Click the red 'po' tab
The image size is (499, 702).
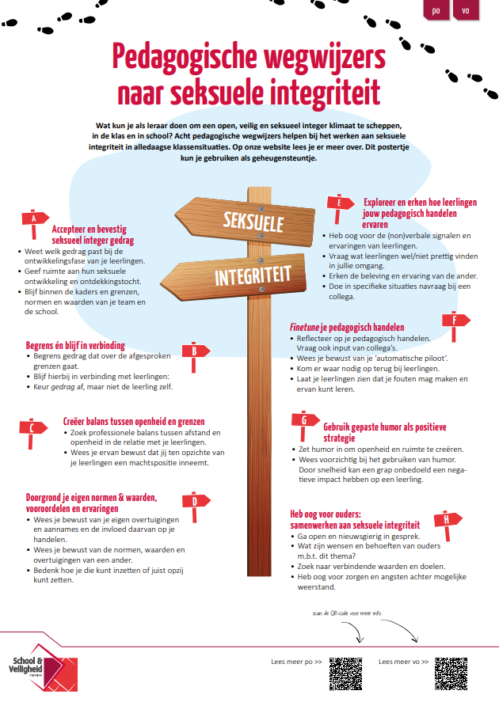click(436, 11)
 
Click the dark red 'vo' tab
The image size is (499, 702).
click(465, 11)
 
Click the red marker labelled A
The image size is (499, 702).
click(33, 219)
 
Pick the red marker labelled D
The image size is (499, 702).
click(194, 500)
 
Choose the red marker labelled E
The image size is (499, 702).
click(339, 203)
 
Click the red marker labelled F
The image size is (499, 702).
click(454, 321)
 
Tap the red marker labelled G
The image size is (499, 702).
click(303, 421)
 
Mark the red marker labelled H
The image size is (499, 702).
click(448, 519)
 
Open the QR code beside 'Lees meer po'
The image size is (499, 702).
click(345, 671)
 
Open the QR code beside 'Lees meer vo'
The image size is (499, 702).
click(450, 671)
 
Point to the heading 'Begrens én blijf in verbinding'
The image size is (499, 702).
click(76, 346)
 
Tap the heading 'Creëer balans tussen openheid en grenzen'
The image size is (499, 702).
click(134, 422)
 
